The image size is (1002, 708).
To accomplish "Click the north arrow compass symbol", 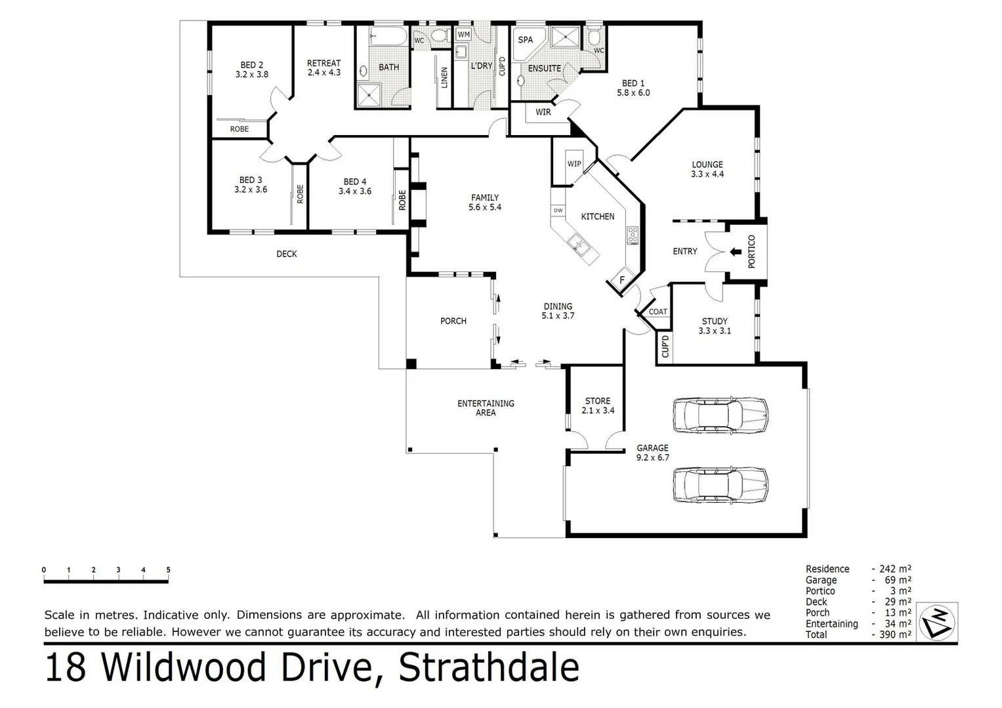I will point(937,621).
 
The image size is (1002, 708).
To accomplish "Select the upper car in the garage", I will point(720,414).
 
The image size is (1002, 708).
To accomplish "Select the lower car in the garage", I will point(720,485).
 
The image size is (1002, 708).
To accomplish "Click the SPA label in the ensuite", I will point(526,39).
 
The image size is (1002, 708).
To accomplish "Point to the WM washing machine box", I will point(463,34).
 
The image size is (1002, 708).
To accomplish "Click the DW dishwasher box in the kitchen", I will point(558,210).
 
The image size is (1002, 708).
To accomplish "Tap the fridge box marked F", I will point(621,281).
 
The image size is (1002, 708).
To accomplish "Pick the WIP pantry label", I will point(574,163).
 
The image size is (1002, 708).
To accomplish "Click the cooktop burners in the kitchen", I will point(633,235).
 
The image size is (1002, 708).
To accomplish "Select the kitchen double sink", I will point(579,244).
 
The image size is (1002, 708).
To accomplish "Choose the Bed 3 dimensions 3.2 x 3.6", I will point(251,189).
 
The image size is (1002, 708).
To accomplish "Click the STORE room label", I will point(598,401).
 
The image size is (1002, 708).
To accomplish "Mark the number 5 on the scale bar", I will point(168,570).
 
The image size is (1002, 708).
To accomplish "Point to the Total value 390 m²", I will point(895,635).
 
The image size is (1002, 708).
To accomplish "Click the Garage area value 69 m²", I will point(895,580).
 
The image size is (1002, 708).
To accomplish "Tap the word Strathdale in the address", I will point(489,667).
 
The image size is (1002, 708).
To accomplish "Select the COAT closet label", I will point(658,312).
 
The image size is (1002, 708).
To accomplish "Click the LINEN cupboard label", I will point(444,77).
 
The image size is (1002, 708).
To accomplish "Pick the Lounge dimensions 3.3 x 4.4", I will point(707,174).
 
